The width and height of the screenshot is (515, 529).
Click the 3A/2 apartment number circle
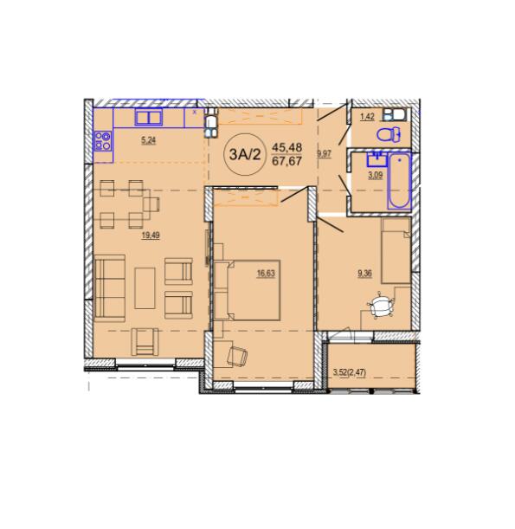[x=245, y=154]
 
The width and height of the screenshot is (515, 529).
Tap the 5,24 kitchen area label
[x=149, y=140]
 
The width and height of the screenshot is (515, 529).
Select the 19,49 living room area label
[x=151, y=235]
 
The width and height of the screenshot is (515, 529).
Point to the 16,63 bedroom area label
[x=266, y=274]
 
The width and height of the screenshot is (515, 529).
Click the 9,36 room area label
[x=364, y=274]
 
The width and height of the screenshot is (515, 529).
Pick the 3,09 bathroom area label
[x=375, y=176]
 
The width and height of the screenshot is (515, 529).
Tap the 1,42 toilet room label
[x=367, y=117]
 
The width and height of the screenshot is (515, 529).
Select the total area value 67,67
[x=286, y=161]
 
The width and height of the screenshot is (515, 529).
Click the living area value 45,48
[x=287, y=147]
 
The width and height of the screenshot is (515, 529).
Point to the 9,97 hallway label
[x=324, y=154]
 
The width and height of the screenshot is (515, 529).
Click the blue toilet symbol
[x=389, y=135]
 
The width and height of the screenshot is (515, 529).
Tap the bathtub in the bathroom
[x=399, y=181]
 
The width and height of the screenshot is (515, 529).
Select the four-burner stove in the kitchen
[x=103, y=141]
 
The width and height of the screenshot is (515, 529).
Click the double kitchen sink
[x=149, y=118]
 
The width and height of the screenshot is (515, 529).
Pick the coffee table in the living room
[x=145, y=288]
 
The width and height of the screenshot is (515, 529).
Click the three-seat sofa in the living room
[x=110, y=288]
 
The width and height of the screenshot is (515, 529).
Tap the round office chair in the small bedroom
[x=381, y=305]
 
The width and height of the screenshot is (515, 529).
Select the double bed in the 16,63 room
[x=248, y=290]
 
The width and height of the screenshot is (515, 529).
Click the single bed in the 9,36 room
[x=396, y=250]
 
